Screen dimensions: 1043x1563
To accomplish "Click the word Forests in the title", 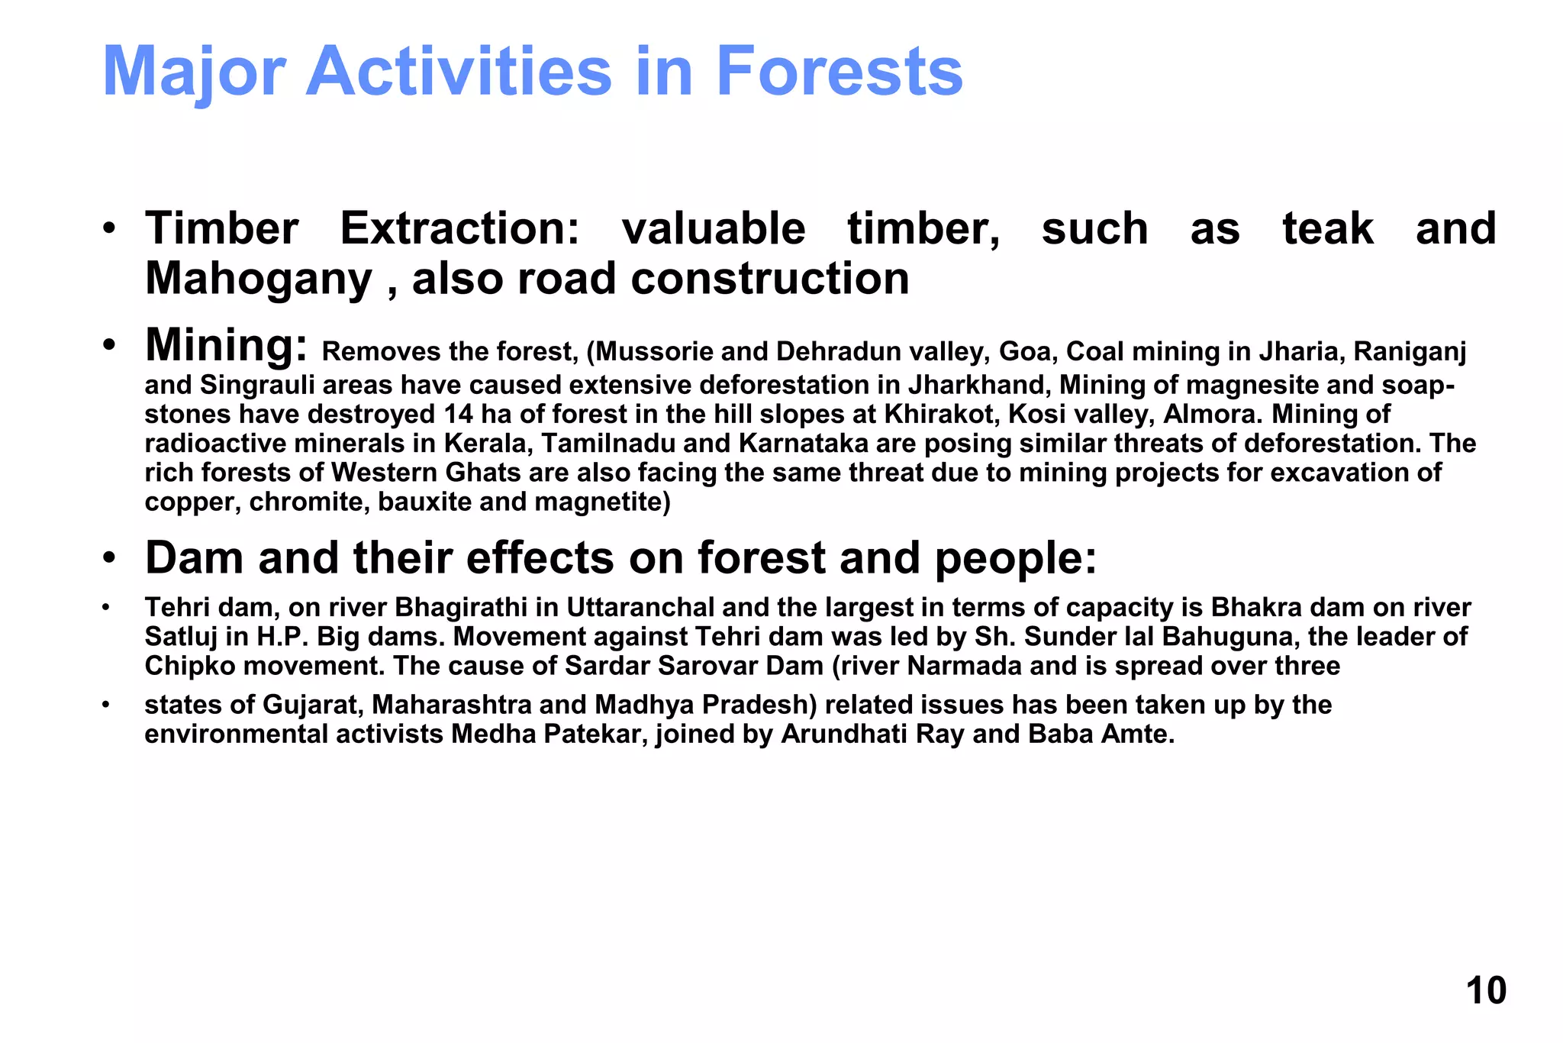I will (x=839, y=71).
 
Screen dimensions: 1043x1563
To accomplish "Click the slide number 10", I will (x=1485, y=990).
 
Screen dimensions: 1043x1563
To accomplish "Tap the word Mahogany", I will (x=258, y=279).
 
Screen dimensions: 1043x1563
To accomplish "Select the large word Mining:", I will (x=227, y=345).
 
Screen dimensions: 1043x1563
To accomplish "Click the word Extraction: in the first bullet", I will (x=459, y=228).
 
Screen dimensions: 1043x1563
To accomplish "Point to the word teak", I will (x=1328, y=228).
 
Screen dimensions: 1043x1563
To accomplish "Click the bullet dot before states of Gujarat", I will (x=107, y=705).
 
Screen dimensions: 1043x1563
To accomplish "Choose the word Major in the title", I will (x=194, y=71).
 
